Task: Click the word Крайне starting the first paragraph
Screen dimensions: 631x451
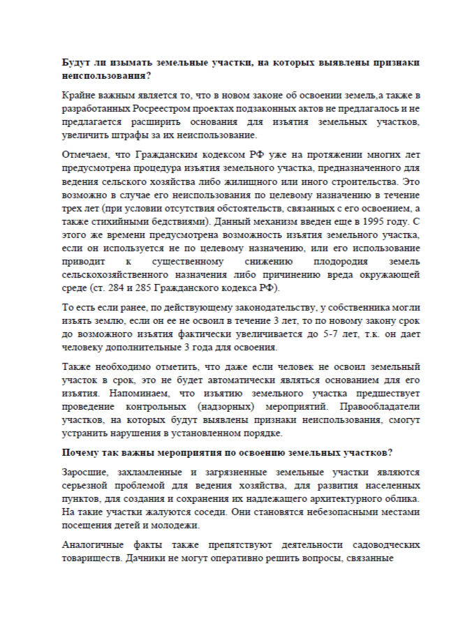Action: click(x=79, y=94)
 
